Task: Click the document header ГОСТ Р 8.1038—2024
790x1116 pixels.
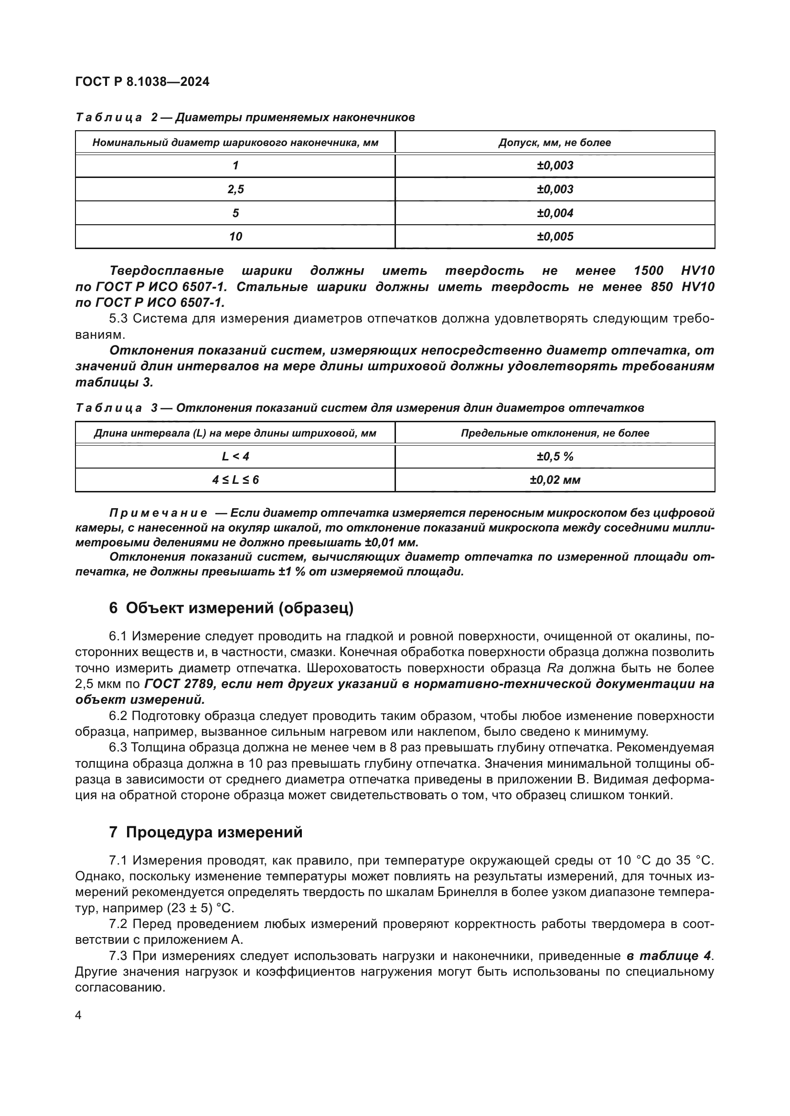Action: (x=142, y=82)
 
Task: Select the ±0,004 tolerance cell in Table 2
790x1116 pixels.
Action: (x=555, y=213)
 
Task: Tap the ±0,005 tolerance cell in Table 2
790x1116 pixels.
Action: (x=555, y=237)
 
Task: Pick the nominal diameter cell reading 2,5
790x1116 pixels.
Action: (x=235, y=189)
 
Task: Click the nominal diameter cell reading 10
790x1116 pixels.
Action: (x=235, y=237)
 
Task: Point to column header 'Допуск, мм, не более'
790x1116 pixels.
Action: (x=555, y=142)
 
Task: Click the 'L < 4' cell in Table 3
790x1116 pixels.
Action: (x=235, y=457)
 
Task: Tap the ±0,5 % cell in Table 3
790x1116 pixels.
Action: (x=555, y=457)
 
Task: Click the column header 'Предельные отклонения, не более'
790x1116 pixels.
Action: (x=555, y=433)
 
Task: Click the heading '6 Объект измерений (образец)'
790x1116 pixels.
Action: (x=231, y=608)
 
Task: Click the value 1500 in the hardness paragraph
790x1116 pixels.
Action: (x=649, y=271)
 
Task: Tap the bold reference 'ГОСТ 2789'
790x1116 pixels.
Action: (x=179, y=684)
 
